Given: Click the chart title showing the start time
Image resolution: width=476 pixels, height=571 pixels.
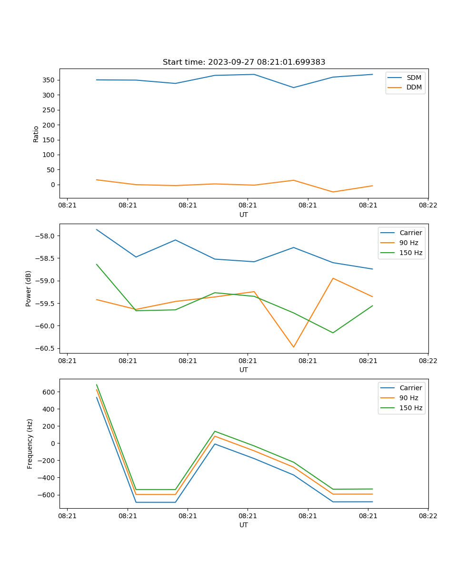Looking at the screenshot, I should pyautogui.click(x=244, y=62).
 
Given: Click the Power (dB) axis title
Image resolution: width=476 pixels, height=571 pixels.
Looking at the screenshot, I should pyautogui.click(x=29, y=288).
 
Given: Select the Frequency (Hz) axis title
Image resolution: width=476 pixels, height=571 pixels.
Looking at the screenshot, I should pyautogui.click(x=30, y=443).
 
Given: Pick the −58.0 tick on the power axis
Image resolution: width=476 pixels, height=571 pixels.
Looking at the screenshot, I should pyautogui.click(x=45, y=236).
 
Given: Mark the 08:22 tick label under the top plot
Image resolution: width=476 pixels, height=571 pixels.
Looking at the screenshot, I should pyautogui.click(x=428, y=205).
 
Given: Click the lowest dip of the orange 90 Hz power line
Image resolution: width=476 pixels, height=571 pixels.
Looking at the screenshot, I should pyautogui.click(x=293, y=347).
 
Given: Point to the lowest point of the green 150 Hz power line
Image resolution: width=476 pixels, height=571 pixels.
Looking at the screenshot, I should pyautogui.click(x=333, y=333).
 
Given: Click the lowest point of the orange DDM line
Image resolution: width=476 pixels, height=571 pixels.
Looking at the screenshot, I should pyautogui.click(x=333, y=192).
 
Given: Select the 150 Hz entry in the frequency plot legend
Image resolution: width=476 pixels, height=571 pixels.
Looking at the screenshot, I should pyautogui.click(x=411, y=408).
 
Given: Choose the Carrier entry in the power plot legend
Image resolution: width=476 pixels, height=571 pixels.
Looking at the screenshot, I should pyautogui.click(x=411, y=233).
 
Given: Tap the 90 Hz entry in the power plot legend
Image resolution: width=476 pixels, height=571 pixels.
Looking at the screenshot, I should pyautogui.click(x=409, y=243).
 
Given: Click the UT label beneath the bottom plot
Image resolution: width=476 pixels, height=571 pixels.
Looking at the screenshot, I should pyautogui.click(x=244, y=525).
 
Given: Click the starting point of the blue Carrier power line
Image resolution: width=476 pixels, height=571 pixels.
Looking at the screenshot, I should pyautogui.click(x=97, y=229).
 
